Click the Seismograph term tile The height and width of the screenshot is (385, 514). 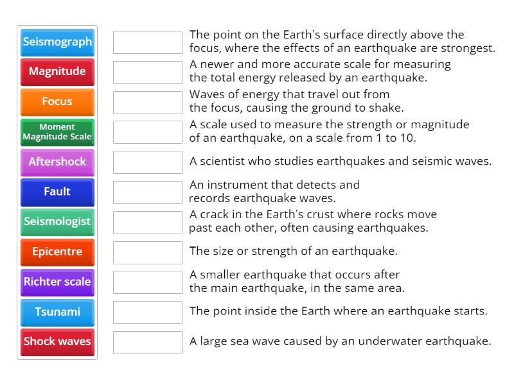[x=57, y=42]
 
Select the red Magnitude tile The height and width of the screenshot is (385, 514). [x=57, y=72]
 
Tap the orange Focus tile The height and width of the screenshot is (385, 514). [x=57, y=101]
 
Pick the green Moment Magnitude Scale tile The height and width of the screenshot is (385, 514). [x=57, y=132]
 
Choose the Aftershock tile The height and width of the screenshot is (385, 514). [x=57, y=162]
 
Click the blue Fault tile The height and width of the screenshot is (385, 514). [x=57, y=192]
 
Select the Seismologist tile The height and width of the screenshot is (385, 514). [x=57, y=221]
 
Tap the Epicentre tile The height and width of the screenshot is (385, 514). [x=57, y=252]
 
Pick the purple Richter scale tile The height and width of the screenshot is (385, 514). [x=57, y=282]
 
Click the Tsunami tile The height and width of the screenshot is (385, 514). [x=57, y=312]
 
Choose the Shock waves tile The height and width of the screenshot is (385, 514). [x=57, y=341]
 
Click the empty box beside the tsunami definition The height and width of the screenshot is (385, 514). [x=148, y=342]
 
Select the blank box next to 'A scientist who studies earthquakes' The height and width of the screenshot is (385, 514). [x=148, y=162]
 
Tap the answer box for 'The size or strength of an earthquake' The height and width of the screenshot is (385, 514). [x=148, y=252]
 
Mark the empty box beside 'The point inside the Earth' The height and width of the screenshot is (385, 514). [x=148, y=312]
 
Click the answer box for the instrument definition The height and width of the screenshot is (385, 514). [x=148, y=192]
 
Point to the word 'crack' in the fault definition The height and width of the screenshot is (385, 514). [x=213, y=214]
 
